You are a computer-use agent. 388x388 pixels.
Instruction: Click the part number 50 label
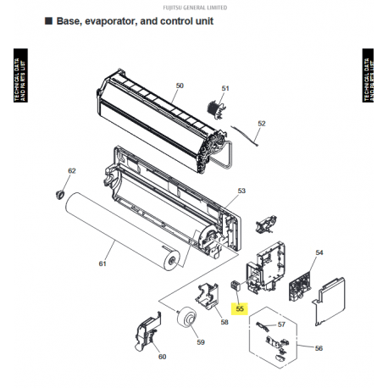[180, 86]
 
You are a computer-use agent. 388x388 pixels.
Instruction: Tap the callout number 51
[225, 88]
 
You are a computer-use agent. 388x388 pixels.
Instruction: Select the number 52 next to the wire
[261, 124]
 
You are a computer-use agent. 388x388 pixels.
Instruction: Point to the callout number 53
[241, 191]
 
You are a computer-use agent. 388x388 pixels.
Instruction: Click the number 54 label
[319, 252]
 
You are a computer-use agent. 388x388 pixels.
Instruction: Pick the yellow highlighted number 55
[240, 309]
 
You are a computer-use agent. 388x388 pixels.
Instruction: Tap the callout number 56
[319, 348]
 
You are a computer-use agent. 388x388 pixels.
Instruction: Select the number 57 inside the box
[282, 324]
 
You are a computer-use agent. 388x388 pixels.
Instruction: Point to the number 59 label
[201, 342]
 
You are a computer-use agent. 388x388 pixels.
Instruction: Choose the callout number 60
[162, 357]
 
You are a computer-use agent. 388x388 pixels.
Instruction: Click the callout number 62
[72, 171]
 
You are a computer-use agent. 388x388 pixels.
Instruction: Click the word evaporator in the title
[119, 20]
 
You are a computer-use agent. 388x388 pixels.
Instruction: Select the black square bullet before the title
[47, 20]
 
